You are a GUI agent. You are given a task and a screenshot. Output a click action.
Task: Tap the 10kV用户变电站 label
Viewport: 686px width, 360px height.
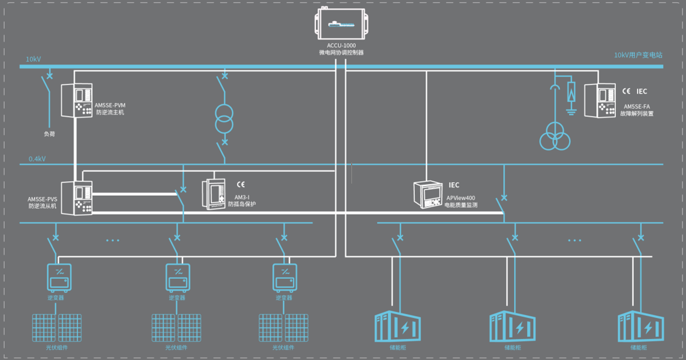pyautogui.click(x=638, y=55)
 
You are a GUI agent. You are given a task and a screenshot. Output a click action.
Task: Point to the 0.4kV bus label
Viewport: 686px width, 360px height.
pyautogui.click(x=37, y=159)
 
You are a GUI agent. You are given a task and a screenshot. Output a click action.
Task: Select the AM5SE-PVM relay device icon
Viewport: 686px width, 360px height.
pyautogui.click(x=76, y=100)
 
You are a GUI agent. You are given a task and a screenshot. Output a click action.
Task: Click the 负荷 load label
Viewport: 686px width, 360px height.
pyautogui.click(x=49, y=134)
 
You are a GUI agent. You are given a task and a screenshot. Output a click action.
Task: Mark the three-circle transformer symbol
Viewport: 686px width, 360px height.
pyautogui.click(x=555, y=137)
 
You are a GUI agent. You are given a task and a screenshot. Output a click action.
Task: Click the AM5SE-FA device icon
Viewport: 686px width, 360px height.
pyautogui.click(x=600, y=100)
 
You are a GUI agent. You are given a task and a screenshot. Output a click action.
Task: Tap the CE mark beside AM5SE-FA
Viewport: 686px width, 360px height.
pyautogui.click(x=625, y=91)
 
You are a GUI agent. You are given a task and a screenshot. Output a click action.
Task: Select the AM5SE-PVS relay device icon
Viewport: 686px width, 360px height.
pyautogui.click(x=77, y=198)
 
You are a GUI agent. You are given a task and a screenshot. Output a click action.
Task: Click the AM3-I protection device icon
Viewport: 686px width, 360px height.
pyautogui.click(x=214, y=194)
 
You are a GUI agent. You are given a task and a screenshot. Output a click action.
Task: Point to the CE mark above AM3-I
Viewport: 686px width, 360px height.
pyautogui.click(x=240, y=185)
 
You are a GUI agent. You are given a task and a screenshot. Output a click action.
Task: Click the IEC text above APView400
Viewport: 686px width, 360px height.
pyautogui.click(x=454, y=185)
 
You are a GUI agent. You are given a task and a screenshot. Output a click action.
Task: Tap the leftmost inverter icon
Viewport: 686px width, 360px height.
pyautogui.click(x=59, y=278)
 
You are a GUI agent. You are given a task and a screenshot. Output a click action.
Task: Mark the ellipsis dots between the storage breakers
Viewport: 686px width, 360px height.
pyautogui.click(x=574, y=240)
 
